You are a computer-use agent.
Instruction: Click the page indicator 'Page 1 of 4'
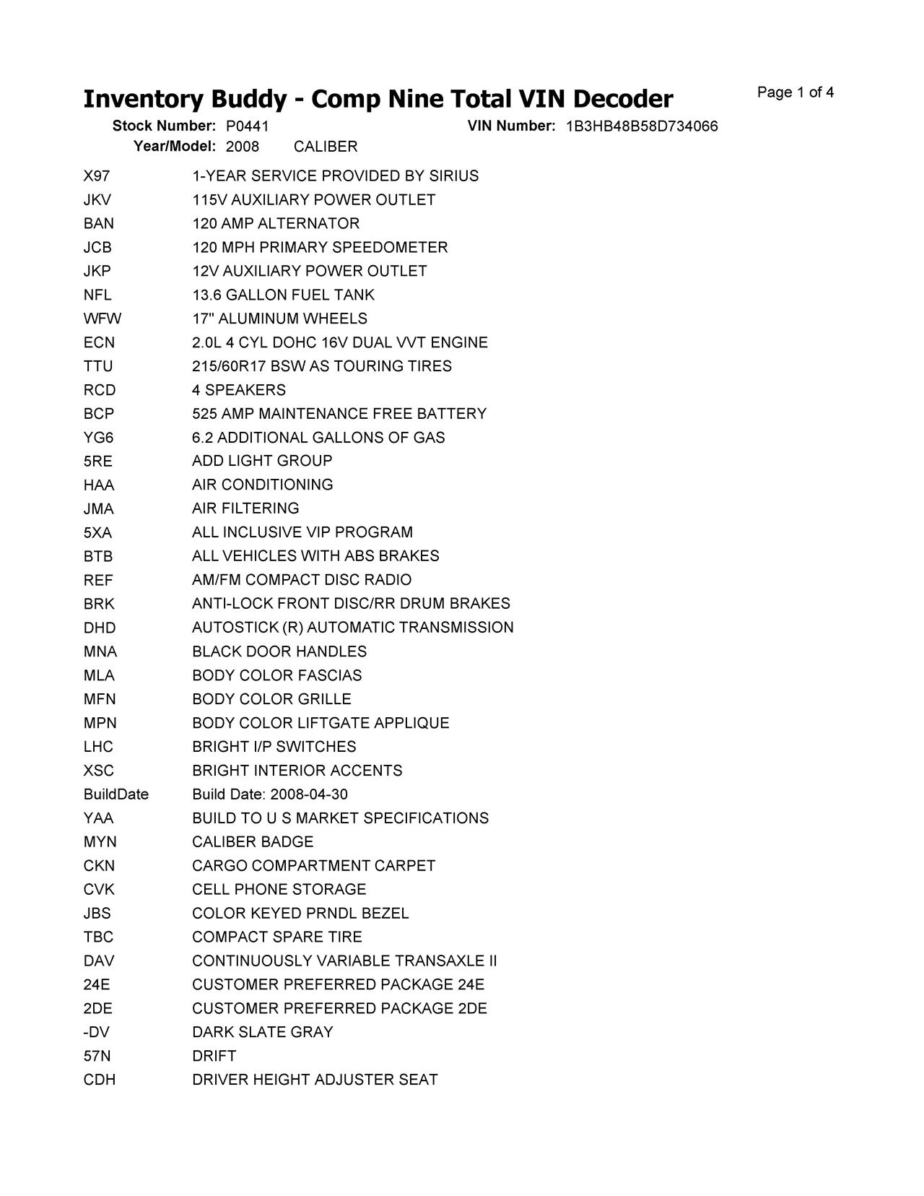click(795, 92)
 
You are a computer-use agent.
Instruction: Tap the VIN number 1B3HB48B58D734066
click(641, 126)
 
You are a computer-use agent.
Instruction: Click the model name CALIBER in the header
click(326, 147)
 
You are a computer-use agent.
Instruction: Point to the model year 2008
click(242, 147)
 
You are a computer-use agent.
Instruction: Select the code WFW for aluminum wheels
click(103, 318)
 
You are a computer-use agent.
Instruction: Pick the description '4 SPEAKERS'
click(239, 390)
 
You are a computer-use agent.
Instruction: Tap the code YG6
click(98, 438)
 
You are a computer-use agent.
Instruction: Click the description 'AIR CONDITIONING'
click(263, 485)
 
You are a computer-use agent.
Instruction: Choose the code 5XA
click(97, 533)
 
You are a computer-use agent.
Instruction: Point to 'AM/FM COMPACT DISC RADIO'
click(302, 580)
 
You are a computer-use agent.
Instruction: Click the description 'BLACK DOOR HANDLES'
click(279, 651)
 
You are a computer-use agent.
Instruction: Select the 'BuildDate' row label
click(115, 794)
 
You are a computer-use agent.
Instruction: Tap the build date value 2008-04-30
click(309, 794)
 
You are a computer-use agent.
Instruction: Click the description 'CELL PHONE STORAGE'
click(279, 890)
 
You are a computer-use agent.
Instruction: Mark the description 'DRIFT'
click(214, 1056)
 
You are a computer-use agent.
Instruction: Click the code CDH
click(99, 1080)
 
